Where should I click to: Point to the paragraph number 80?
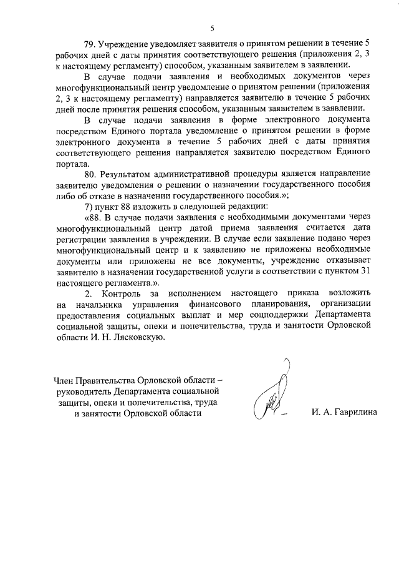point(92,172)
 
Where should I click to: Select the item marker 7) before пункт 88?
point(90,206)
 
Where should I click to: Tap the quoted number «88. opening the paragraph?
point(92,217)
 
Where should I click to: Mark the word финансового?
point(226,304)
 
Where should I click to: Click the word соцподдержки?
point(277,315)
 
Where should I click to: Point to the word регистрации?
point(81,240)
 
